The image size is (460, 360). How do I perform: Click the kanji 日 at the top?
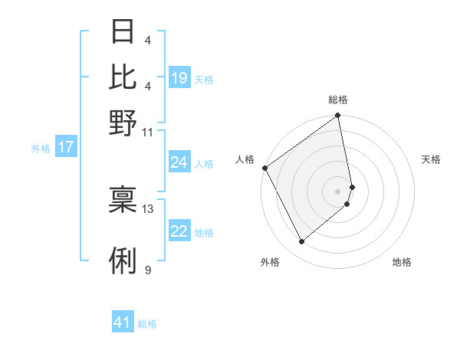point(123,33)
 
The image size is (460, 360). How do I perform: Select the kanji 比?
point(123,77)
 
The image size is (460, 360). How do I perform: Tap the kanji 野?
point(123,123)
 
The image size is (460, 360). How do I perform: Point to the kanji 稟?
point(123,200)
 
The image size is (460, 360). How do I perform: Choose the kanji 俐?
point(123,261)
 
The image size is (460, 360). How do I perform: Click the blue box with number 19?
point(179,78)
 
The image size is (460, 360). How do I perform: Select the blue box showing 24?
point(179,162)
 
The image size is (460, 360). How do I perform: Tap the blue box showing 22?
point(179,232)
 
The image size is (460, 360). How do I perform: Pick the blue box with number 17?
point(66,148)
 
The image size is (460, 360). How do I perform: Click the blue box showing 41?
point(123,323)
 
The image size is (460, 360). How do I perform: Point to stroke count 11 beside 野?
point(148,132)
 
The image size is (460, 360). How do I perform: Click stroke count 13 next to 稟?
point(148,208)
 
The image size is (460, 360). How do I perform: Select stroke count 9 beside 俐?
point(148,270)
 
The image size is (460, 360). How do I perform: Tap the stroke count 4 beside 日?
point(148,41)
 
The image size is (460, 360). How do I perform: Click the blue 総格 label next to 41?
point(147,324)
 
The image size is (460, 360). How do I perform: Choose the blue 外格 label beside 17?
point(41,149)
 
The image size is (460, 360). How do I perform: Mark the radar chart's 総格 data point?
point(337,116)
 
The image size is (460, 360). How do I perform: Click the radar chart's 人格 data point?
point(264,168)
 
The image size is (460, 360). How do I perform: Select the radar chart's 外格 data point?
point(301,242)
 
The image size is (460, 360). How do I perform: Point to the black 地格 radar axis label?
point(402,263)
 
